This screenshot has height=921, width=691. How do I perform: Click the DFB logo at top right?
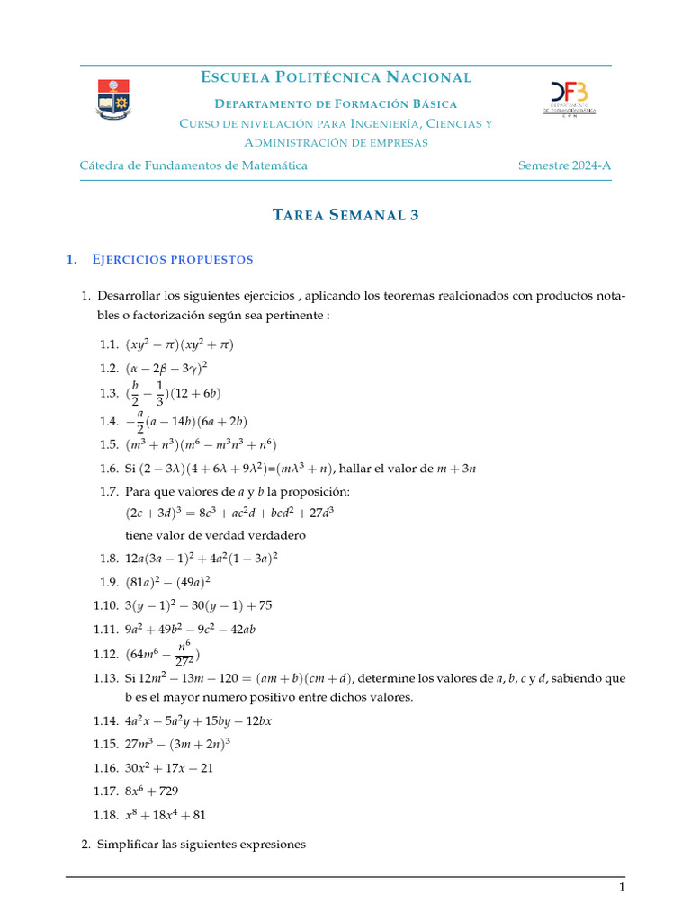[x=570, y=98]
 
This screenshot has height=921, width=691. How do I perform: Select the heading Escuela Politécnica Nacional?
[x=336, y=78]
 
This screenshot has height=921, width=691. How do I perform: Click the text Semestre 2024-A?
[x=564, y=165]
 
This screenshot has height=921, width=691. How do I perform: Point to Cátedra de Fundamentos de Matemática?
[x=193, y=165]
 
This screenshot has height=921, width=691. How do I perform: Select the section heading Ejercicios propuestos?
[x=172, y=260]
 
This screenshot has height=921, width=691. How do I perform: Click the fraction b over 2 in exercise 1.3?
[x=135, y=393]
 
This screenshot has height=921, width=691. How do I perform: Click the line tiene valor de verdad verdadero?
[x=215, y=535]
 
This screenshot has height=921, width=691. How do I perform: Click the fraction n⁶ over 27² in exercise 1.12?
[x=184, y=654]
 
